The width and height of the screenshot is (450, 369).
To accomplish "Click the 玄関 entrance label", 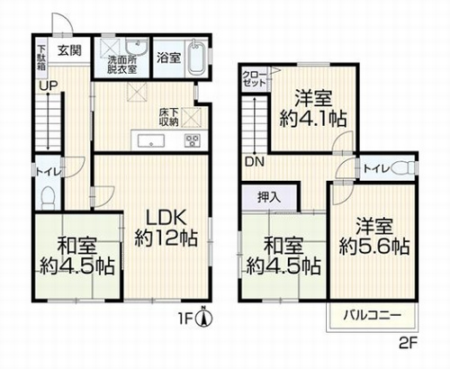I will click(66, 50).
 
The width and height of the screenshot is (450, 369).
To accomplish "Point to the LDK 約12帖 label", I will click(166, 228).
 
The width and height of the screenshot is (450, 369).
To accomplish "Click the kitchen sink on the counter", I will click(149, 139).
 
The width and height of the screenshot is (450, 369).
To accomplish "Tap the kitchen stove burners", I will click(193, 139).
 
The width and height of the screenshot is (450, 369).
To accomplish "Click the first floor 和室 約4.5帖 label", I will click(76, 256).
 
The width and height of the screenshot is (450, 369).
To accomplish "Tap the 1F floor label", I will click(185, 317).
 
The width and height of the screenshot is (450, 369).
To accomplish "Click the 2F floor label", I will click(409, 345).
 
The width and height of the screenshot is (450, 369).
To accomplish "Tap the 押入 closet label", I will click(268, 196).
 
